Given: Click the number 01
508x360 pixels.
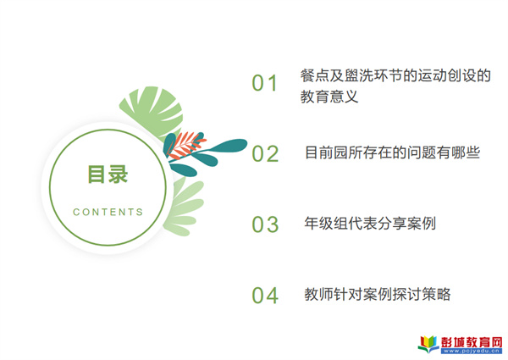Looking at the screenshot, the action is (264, 83).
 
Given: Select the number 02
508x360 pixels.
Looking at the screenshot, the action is (265, 153).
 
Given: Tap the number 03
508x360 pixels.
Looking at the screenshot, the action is (265, 224).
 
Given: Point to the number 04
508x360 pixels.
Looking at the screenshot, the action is (265, 295).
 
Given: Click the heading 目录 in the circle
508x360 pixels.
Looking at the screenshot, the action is (108, 174).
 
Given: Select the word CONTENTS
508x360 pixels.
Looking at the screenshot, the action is (108, 212).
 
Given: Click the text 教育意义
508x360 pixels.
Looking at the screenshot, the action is (329, 97).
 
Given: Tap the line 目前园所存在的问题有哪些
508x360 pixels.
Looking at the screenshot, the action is (392, 152).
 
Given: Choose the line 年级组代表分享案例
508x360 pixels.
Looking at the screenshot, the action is (370, 224).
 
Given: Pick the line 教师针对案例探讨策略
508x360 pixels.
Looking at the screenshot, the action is (378, 294).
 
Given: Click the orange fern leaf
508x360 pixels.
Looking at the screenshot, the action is (186, 145).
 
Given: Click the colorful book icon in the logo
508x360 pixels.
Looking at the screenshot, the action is (428, 344).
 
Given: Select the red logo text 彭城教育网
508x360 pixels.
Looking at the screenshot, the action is (472, 342).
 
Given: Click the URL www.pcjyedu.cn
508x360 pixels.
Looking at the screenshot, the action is (472, 351).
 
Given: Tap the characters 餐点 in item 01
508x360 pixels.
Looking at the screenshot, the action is (315, 75).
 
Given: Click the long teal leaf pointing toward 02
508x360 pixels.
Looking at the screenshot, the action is (227, 146).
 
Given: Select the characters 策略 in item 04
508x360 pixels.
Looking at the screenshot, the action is (436, 294).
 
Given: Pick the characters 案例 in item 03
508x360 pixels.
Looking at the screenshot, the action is (422, 224).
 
